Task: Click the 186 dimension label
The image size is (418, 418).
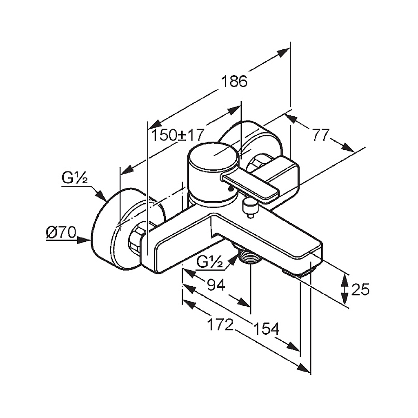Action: click(234, 81)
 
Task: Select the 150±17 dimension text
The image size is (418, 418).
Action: click(178, 135)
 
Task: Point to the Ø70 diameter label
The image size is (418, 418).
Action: click(61, 233)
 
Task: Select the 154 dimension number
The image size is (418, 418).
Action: click(266, 328)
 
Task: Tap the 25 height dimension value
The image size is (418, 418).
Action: click(360, 289)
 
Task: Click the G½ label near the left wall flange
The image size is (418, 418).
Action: click(75, 178)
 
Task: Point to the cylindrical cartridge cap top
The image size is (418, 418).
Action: click(213, 156)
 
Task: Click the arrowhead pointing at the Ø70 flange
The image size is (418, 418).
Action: click(85, 240)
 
